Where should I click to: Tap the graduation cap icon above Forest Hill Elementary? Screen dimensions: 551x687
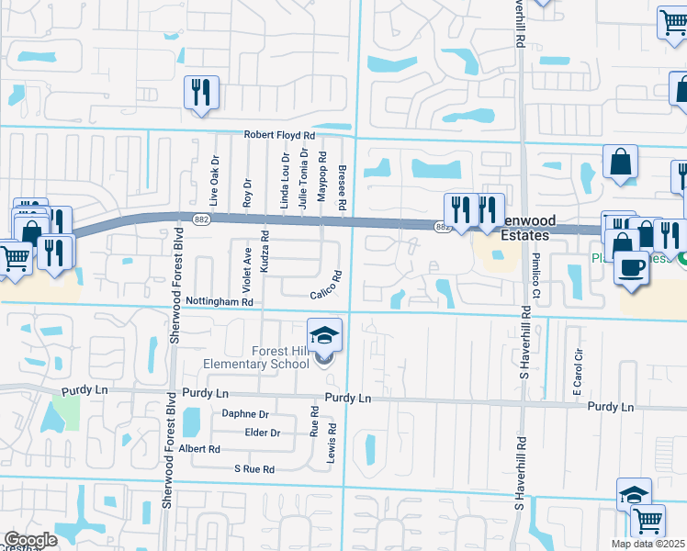pos(324,335)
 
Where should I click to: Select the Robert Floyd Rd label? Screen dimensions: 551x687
pos(279,134)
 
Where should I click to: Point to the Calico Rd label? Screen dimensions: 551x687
pos(326,284)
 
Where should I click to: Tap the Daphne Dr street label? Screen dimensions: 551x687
pos(245,414)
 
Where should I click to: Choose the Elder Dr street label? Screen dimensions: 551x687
pos(262,433)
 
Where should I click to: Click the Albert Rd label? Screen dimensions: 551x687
pos(199,449)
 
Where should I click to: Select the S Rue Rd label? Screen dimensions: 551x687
pos(253,469)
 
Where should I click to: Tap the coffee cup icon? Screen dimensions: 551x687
pos(631,267)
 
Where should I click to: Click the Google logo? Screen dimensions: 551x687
pos(30,540)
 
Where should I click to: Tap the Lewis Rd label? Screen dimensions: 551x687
pos(331,443)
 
